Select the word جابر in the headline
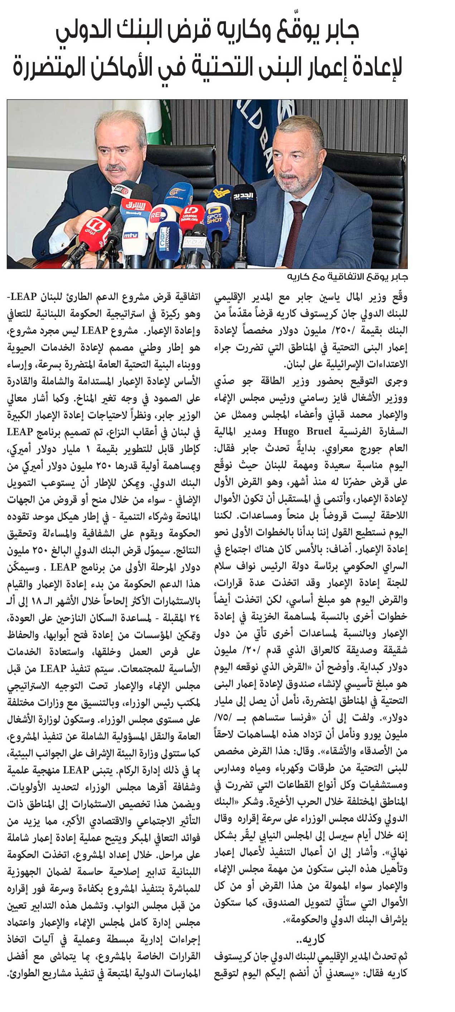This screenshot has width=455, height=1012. click(338, 31)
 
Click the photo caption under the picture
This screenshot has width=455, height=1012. click(348, 277)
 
